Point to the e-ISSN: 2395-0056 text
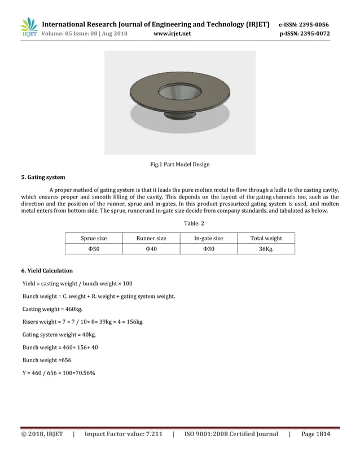[304, 24]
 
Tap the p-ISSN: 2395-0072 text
[305, 33]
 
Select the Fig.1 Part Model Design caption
[179, 165]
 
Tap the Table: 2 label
[180, 225]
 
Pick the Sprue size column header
[94, 239]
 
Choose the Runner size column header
[151, 239]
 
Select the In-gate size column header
[208, 239]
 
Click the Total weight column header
[266, 239]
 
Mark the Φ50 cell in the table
[94, 249]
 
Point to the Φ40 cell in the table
[151, 249]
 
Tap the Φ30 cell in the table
[208, 249]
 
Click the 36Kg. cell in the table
[266, 249]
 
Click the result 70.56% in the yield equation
[83, 373]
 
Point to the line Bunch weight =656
[47, 360]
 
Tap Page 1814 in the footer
[315, 434]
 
